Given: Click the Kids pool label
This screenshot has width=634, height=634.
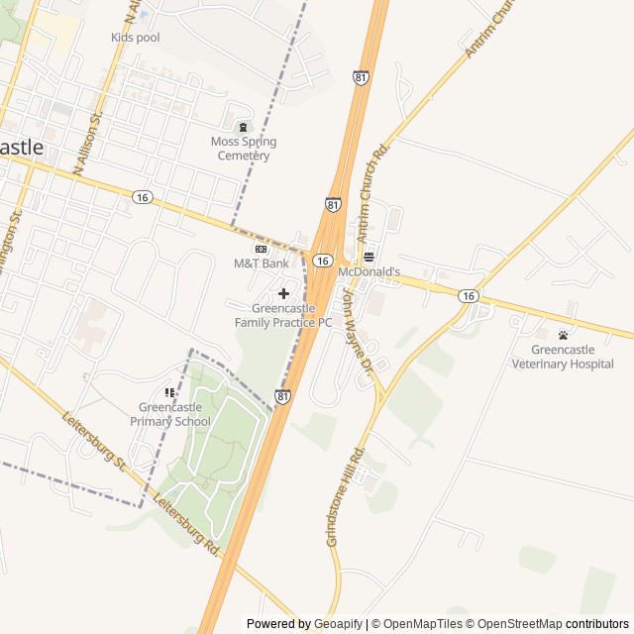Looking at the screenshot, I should (x=135, y=38).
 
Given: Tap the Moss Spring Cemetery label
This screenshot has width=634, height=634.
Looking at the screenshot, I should (x=244, y=149).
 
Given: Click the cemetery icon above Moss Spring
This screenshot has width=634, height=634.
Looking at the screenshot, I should (x=244, y=127).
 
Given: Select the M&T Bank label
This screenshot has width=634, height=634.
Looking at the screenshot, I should (x=262, y=264).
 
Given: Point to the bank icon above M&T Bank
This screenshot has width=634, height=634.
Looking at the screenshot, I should (x=262, y=249).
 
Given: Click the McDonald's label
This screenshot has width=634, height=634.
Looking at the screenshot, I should (x=369, y=271).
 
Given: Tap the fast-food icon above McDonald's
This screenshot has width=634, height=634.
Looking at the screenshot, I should (x=369, y=256).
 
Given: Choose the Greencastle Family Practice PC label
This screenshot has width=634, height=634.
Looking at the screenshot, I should (x=283, y=315).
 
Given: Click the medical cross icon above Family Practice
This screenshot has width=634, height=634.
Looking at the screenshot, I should (x=284, y=293).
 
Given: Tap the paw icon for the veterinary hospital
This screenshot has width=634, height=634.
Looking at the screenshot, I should (x=563, y=335).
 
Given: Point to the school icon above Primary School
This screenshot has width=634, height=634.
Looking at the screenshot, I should (x=169, y=393).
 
